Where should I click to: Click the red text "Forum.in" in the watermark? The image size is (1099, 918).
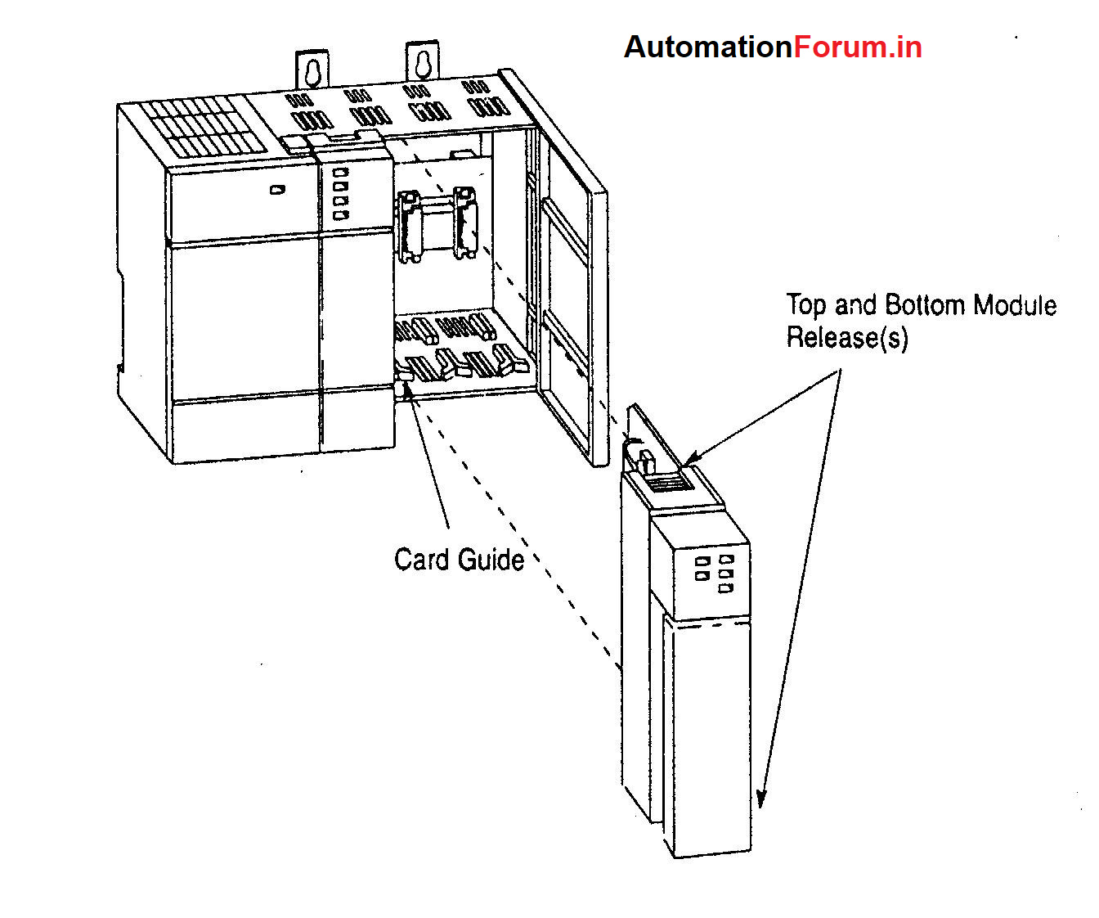pyautogui.click(x=858, y=47)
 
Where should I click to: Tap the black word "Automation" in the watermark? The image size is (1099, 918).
pyautogui.click(x=708, y=47)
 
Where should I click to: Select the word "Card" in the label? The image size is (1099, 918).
pyautogui.click(x=423, y=560)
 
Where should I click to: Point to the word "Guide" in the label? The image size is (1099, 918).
pyautogui.click(x=491, y=560)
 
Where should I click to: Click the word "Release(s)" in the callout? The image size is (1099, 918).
pyautogui.click(x=847, y=337)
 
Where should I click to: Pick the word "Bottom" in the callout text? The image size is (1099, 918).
pyautogui.click(x=926, y=305)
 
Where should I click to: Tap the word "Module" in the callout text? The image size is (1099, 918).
pyautogui.click(x=1016, y=305)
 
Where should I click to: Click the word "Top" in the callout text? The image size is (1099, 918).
pyautogui.click(x=807, y=305)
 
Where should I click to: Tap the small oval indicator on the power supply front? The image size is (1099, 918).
pyautogui.click(x=277, y=190)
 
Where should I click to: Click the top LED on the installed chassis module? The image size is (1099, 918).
pyautogui.click(x=341, y=173)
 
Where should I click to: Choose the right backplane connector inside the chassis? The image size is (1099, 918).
pyautogui.click(x=464, y=223)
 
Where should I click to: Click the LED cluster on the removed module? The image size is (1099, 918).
pyautogui.click(x=714, y=574)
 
